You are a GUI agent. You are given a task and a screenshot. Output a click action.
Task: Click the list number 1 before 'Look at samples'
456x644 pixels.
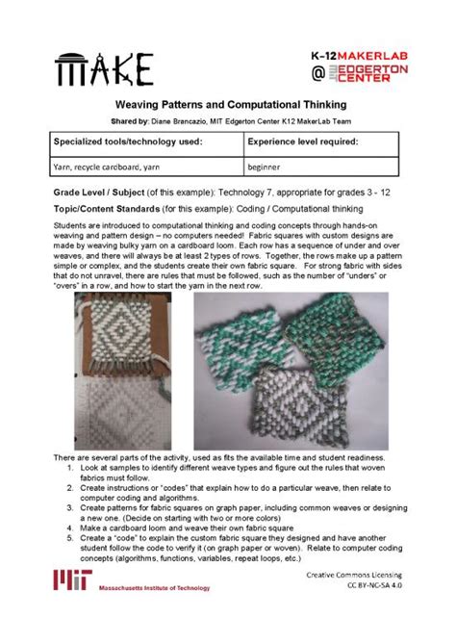tap(71, 466)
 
